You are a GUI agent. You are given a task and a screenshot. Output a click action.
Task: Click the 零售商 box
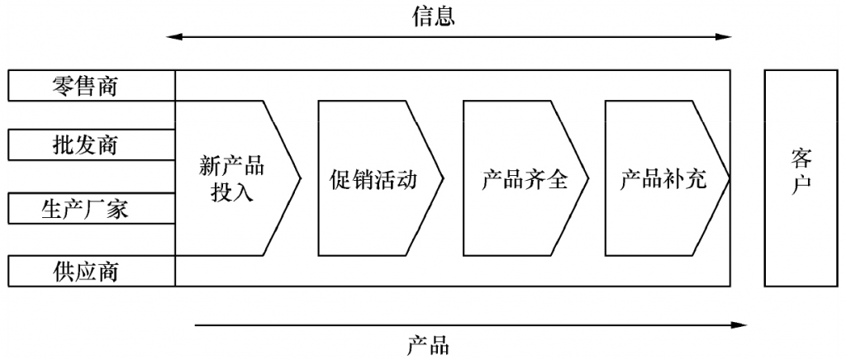point(91,86)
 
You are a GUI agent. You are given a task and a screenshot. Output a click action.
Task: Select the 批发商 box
point(91,146)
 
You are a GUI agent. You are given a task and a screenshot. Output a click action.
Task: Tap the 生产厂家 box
point(91,209)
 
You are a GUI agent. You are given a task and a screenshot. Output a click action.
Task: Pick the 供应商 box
point(91,271)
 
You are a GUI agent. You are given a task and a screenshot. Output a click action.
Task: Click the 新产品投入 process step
point(231,178)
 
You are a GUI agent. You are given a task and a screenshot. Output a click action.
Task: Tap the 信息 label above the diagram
point(434,17)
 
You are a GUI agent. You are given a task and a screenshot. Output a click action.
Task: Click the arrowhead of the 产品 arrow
point(742,325)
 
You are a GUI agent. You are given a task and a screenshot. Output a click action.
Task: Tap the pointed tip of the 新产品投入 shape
point(299,178)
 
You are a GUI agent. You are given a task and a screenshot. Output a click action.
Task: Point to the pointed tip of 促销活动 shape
point(444,178)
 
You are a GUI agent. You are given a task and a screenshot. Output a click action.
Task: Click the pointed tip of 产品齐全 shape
point(588,178)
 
